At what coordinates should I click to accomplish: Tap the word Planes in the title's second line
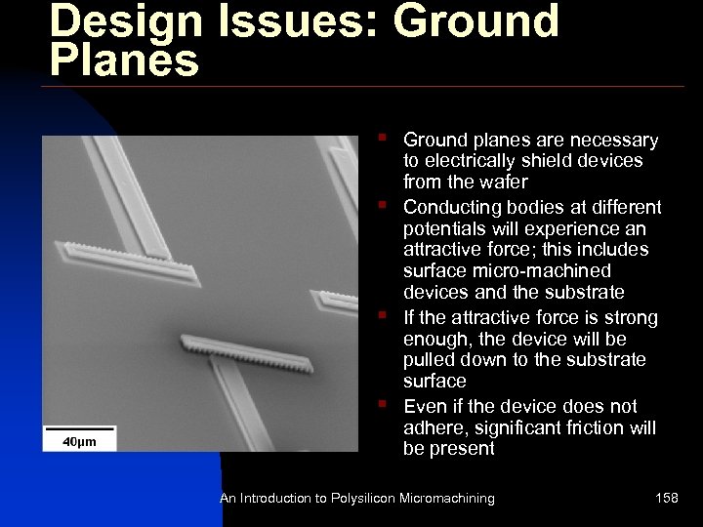[x=124, y=61]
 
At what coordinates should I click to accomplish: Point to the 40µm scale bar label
[x=80, y=442]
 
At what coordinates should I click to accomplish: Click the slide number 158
[x=667, y=499]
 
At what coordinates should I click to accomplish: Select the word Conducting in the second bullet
[x=452, y=207]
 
